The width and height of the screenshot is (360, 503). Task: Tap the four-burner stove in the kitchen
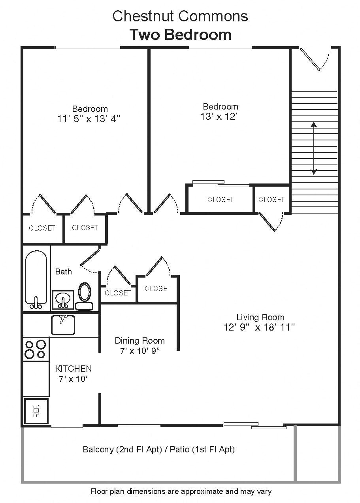click(36, 349)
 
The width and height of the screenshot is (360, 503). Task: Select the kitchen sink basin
click(63, 325)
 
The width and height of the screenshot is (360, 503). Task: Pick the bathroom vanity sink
click(62, 299)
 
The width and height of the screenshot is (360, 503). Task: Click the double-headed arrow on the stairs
click(314, 148)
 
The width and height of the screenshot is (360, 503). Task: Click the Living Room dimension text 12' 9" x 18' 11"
click(260, 327)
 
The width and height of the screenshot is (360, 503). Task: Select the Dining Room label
click(139, 340)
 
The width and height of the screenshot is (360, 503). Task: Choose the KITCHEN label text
click(73, 369)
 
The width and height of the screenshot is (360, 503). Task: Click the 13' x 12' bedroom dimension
click(220, 116)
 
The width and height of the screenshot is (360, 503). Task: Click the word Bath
click(64, 271)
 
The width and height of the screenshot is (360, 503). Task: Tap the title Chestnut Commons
click(180, 16)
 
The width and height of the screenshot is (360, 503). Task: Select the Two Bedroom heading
click(180, 35)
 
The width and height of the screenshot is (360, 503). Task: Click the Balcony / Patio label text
click(158, 449)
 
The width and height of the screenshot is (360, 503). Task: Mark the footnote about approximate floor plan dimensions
click(181, 492)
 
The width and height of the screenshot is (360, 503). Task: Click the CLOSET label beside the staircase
click(271, 200)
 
